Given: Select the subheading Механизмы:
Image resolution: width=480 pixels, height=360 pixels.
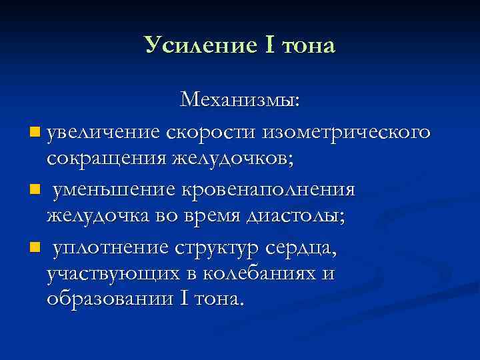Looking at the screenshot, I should (x=240, y=101).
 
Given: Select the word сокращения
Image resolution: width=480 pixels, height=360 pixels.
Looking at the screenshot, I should (x=107, y=160).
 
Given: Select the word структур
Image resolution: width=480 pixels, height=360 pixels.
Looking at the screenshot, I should (x=217, y=249).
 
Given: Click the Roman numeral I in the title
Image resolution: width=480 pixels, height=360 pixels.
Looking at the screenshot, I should (x=270, y=45).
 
